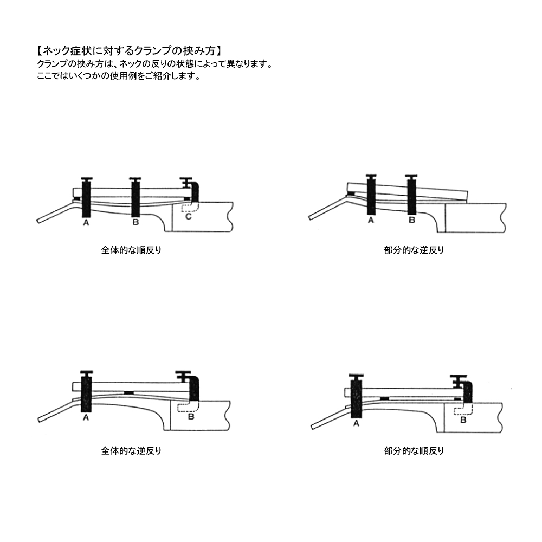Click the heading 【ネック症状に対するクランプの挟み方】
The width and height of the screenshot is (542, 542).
[x=128, y=51]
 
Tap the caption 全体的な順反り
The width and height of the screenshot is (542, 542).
[x=131, y=250]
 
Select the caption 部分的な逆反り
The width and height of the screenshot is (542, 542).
[x=414, y=250]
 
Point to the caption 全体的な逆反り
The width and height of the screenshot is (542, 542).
[x=131, y=451]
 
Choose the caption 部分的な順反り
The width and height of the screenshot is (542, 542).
[x=414, y=451]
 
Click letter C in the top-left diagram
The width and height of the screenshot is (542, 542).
[x=189, y=217]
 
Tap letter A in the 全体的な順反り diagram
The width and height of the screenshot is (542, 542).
[x=86, y=223]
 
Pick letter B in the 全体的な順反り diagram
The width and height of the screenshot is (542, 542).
[x=135, y=222]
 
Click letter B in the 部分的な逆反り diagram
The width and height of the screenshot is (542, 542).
[x=412, y=220]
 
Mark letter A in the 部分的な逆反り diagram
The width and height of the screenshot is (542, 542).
[x=371, y=220]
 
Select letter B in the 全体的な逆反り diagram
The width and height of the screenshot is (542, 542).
[x=191, y=416]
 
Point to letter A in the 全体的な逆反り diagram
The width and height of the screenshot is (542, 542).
[x=86, y=417]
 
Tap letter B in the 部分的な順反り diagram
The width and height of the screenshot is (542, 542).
[x=463, y=420]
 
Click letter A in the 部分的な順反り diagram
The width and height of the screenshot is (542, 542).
[x=357, y=423]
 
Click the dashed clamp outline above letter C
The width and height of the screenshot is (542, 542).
[x=190, y=207]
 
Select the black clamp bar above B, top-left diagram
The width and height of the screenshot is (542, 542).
[x=135, y=198]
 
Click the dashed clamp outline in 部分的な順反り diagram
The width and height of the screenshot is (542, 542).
[x=463, y=410]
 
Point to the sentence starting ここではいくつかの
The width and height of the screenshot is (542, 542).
[x=119, y=76]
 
